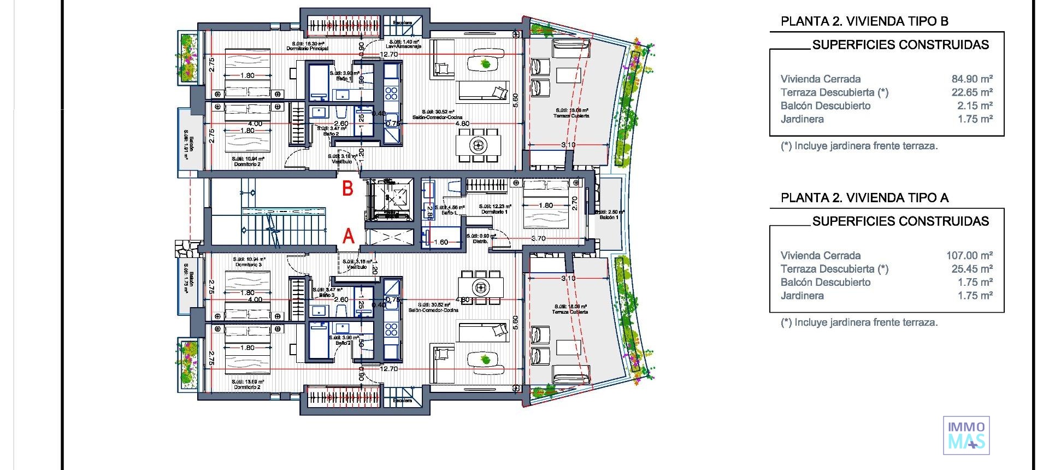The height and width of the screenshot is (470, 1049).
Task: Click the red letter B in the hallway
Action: tap(347, 189)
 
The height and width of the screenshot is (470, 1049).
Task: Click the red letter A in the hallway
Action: tap(348, 237)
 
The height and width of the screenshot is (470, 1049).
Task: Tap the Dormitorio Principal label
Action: tap(308, 49)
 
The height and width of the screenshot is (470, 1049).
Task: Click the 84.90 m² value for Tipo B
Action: tap(972, 79)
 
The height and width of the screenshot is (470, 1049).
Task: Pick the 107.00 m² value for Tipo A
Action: tap(969, 256)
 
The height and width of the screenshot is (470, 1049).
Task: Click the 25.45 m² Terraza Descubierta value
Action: tap(972, 269)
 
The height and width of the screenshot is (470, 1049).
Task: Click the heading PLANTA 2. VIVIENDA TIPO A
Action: tap(864, 198)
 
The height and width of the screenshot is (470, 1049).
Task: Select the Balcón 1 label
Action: tap(609, 218)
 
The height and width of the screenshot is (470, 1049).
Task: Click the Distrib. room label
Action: tap(480, 241)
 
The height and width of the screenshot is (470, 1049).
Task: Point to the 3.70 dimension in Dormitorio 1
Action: tap(538, 238)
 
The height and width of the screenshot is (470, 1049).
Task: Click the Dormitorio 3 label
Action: tap(249, 265)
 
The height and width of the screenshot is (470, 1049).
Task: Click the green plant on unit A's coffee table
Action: tap(484, 360)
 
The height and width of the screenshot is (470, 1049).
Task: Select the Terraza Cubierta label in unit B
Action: tap(571, 116)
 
